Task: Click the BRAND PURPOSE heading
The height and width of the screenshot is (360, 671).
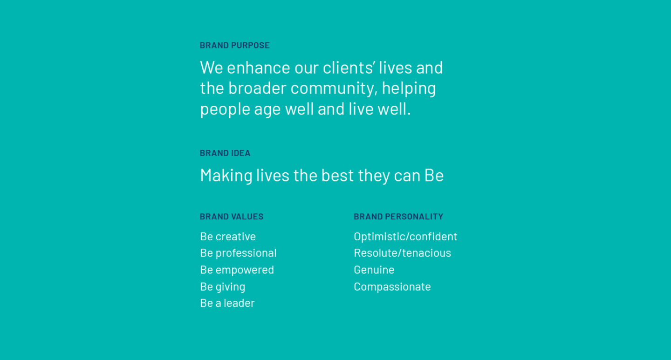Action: tap(234, 45)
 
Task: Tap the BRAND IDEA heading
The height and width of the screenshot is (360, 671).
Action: tap(225, 153)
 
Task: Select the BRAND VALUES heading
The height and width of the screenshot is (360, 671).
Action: tap(232, 216)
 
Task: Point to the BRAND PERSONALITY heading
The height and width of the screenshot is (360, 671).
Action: tap(398, 216)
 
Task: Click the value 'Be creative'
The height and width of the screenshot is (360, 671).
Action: tap(228, 236)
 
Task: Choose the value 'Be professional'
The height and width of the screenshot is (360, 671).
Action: tap(238, 252)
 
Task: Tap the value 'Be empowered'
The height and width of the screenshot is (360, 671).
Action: tap(237, 269)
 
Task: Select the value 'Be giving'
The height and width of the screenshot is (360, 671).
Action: tap(222, 286)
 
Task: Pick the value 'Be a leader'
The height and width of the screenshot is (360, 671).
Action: tap(227, 303)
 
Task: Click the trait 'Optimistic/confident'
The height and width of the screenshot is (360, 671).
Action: tap(405, 236)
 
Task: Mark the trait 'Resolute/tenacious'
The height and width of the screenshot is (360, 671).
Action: tap(402, 252)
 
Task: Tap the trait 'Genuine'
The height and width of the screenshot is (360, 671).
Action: tap(374, 269)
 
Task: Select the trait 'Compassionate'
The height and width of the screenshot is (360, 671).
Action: tap(392, 286)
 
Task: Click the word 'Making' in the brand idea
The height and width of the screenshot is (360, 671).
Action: tap(226, 175)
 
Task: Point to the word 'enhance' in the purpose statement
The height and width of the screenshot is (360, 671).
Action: tap(258, 67)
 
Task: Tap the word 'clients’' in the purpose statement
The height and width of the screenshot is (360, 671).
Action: tap(349, 67)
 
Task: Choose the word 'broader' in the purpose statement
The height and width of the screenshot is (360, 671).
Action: tap(257, 88)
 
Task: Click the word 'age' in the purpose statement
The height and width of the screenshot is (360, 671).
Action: tap(267, 109)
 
